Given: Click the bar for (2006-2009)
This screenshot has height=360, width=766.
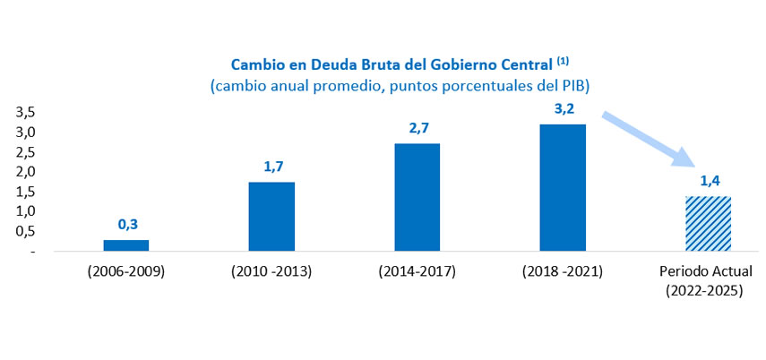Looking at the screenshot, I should [126, 245].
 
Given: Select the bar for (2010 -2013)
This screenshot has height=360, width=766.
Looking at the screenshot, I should [271, 217].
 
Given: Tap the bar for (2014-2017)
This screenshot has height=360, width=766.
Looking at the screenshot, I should [417, 197].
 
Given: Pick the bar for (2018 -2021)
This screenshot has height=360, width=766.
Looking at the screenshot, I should [563, 187].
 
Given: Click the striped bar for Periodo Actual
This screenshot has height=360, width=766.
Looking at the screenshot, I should [709, 223].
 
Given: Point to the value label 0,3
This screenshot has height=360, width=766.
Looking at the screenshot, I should [127, 225].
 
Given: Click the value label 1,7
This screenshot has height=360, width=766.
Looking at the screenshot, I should [272, 167].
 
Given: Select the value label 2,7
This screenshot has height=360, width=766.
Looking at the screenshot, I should [417, 128].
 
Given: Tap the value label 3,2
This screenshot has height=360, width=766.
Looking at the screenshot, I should [564, 109].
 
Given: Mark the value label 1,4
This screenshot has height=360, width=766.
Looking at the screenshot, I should [710, 182].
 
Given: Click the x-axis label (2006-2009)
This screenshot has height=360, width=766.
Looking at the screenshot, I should [126, 272].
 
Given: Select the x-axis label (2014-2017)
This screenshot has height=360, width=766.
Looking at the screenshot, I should [417, 272].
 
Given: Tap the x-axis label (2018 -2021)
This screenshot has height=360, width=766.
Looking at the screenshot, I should [563, 272].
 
